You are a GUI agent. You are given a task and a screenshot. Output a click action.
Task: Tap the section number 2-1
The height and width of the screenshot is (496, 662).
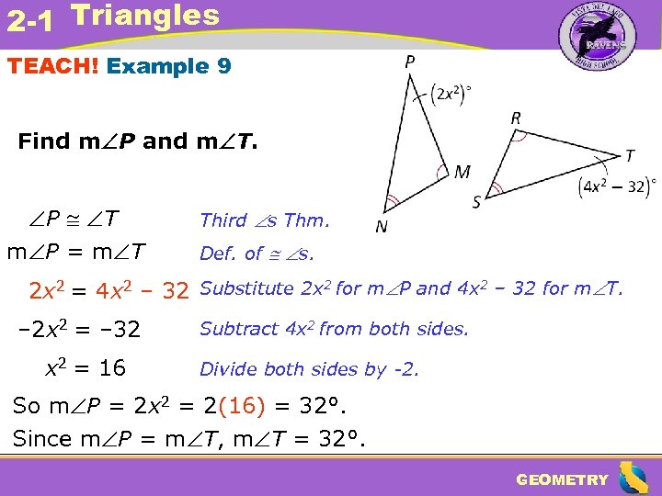28,20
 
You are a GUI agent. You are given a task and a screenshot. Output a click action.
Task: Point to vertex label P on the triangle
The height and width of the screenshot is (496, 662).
407,62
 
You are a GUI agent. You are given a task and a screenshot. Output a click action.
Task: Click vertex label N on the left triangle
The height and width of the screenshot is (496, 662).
380,227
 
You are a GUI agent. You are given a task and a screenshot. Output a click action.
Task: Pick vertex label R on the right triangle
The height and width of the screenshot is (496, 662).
517,118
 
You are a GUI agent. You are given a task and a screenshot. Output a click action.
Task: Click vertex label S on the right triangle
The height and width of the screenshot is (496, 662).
477,201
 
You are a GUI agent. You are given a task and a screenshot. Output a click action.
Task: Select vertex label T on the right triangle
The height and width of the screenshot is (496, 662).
629,155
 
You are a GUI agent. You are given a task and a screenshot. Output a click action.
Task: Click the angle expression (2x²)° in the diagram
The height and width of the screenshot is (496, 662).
451,94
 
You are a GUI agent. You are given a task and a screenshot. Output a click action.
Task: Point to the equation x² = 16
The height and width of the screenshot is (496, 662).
86,368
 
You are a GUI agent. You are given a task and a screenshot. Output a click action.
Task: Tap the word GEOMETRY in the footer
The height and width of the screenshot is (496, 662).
562,479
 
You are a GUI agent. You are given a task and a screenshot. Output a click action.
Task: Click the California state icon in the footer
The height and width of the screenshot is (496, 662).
633,478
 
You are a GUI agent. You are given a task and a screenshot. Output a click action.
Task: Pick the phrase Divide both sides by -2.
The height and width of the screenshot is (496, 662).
310,369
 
